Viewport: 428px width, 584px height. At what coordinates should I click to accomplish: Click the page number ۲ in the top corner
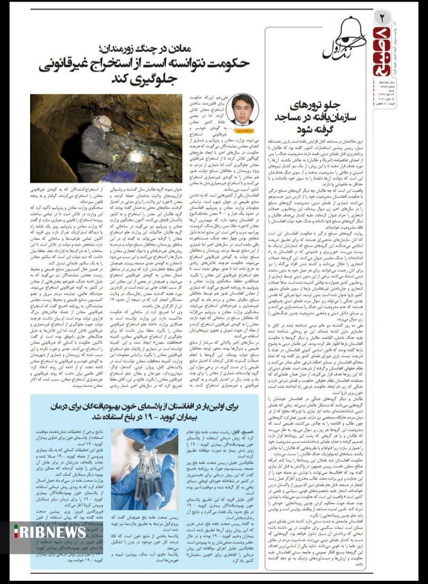(x=382, y=19)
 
